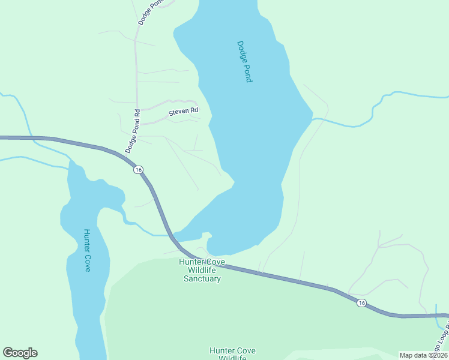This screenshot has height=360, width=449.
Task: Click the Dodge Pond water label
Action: [244, 61]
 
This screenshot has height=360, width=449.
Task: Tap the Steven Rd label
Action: [183, 112]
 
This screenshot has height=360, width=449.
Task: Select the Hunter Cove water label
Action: [87, 250]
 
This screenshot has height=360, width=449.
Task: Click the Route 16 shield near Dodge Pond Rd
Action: [139, 170]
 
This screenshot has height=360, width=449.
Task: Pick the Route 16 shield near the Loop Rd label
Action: [361, 303]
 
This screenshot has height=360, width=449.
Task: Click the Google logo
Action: [20, 353]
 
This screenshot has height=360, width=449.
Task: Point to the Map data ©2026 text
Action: [424, 355]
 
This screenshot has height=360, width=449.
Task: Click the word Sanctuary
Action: [202, 278]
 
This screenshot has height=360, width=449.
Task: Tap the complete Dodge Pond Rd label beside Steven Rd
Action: [133, 130]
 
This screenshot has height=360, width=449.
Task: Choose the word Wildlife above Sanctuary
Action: [202, 270]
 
